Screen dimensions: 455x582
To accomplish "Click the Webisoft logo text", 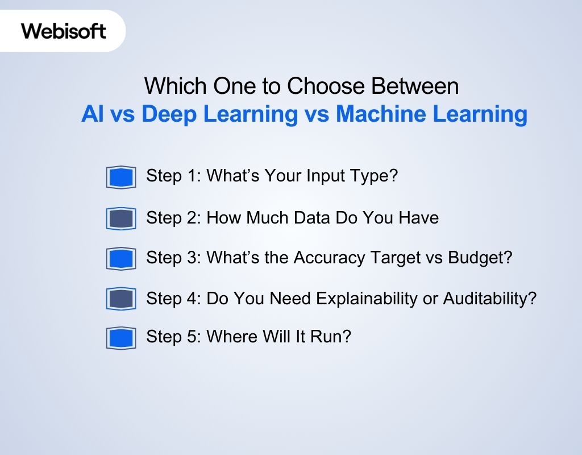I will click(64, 30).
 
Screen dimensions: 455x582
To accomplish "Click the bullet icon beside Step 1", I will click(121, 177).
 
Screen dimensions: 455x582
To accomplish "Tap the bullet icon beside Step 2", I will click(121, 218).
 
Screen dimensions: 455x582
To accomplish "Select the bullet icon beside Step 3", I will click(121, 259).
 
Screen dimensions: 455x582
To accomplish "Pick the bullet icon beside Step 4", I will click(121, 299).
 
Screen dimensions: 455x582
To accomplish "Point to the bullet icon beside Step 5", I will click(121, 338).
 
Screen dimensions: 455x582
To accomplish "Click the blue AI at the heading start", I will click(92, 114).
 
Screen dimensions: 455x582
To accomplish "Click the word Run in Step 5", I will click(334, 337).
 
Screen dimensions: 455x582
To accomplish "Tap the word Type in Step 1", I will click(375, 176).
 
